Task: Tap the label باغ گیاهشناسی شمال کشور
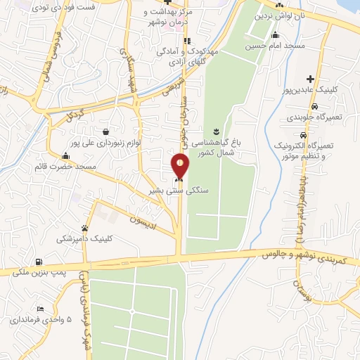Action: [219, 146]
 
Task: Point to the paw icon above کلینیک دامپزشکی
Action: [85, 228]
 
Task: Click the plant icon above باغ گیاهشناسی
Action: [217, 131]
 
